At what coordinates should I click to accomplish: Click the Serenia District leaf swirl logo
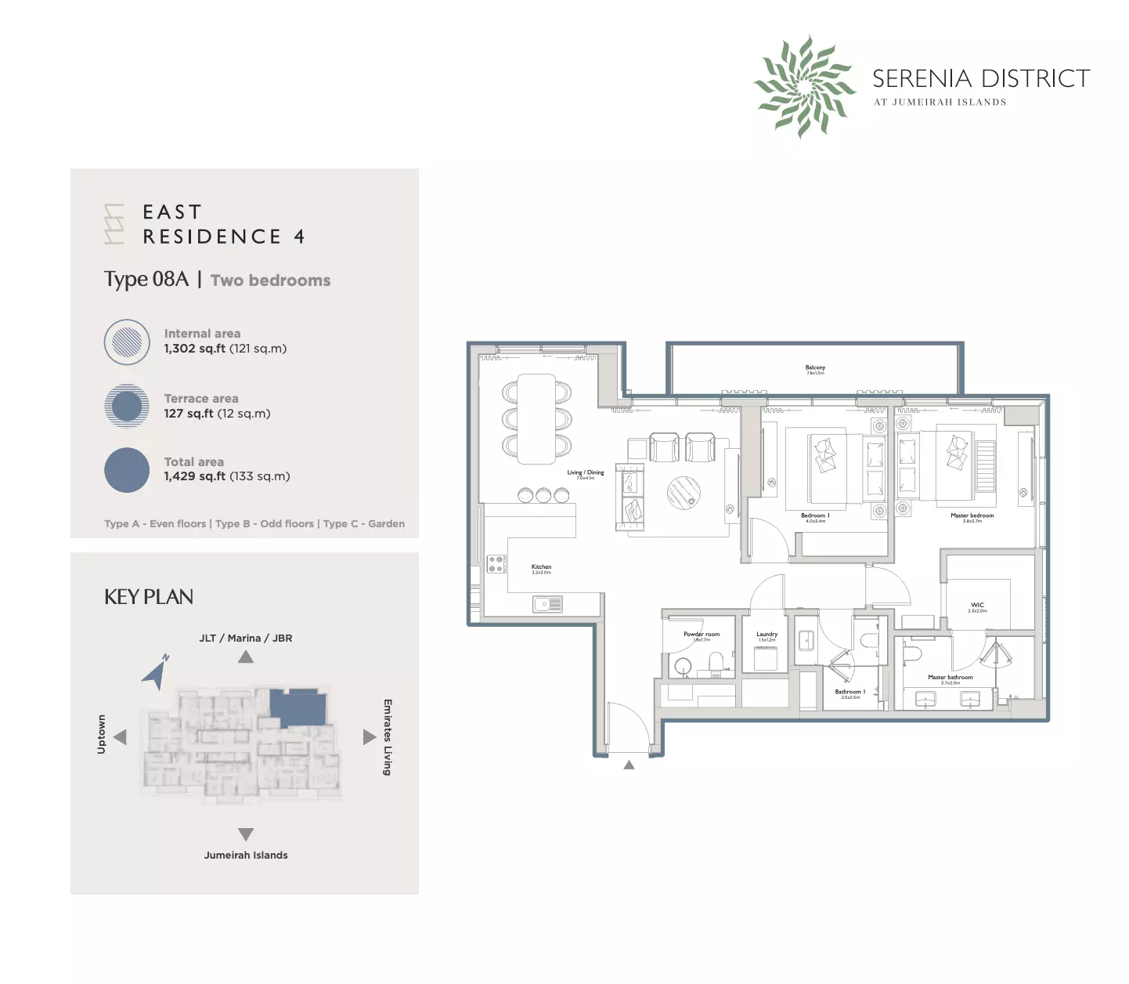click(804, 86)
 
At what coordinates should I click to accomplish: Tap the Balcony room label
click(815, 368)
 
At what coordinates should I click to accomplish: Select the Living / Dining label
click(586, 473)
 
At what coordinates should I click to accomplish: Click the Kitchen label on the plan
click(541, 567)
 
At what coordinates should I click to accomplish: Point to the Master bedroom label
click(972, 516)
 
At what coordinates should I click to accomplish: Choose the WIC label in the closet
click(977, 606)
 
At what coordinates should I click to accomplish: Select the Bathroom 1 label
click(849, 693)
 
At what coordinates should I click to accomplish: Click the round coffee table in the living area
click(684, 493)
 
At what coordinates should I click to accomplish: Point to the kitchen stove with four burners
click(496, 564)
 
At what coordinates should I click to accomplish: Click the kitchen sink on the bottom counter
click(547, 604)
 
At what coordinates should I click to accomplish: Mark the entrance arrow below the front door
click(629, 765)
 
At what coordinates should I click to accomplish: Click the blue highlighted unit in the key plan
click(298, 707)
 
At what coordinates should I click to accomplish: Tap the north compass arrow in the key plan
click(157, 672)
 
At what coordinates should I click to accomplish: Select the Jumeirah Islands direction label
click(246, 856)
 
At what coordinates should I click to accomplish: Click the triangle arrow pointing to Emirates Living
click(370, 737)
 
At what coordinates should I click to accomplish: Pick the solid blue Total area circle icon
click(127, 470)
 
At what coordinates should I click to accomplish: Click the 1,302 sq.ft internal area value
click(194, 349)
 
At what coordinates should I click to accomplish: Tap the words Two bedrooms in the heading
click(270, 280)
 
